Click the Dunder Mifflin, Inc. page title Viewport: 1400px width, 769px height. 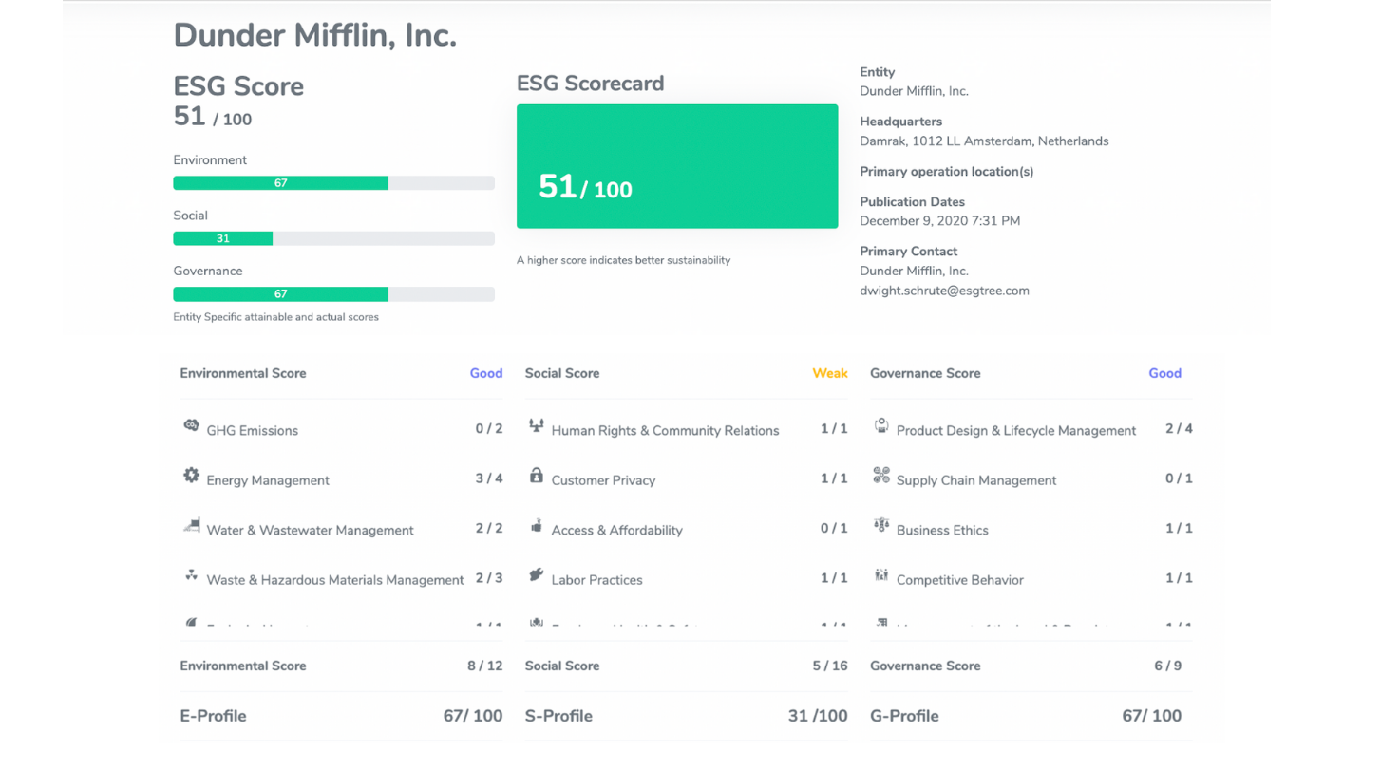(314, 36)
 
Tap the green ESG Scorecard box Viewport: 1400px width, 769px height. (676, 166)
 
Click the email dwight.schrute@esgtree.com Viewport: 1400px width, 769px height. (944, 291)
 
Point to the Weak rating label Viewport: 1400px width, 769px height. (829, 373)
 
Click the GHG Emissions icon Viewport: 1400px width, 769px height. (191, 426)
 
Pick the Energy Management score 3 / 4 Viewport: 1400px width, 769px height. (489, 478)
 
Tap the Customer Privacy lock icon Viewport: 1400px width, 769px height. (536, 476)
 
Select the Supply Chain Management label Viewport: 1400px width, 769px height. (975, 480)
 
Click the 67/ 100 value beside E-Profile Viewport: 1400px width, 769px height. (472, 716)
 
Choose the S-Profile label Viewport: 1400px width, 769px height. (558, 716)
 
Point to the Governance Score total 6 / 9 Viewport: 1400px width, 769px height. (1167, 666)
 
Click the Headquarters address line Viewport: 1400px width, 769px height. (983, 141)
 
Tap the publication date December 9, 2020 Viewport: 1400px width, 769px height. (939, 221)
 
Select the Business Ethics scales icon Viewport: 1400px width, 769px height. (880, 525)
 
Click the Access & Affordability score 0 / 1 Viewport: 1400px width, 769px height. (834, 528)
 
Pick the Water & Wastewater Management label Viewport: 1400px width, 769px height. (310, 530)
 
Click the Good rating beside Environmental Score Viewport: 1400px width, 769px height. (485, 373)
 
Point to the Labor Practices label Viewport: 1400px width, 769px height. (596, 580)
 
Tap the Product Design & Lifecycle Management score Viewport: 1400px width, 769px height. (1179, 428)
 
